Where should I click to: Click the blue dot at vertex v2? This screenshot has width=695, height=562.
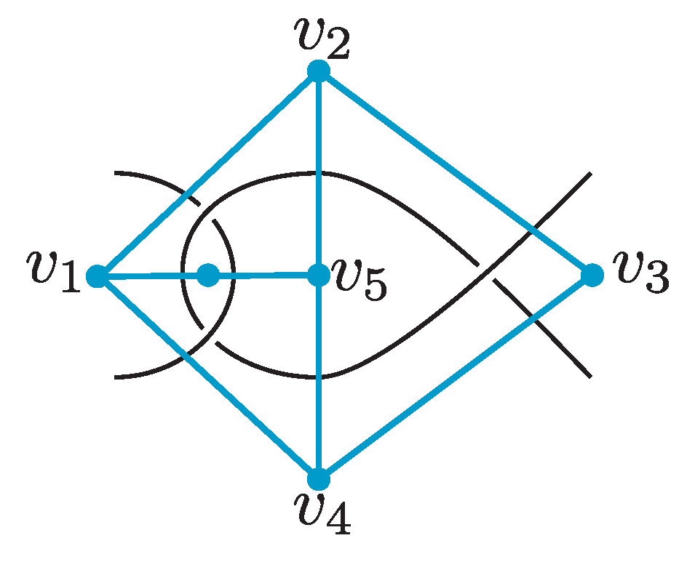click(318, 71)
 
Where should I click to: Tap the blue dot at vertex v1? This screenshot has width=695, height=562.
click(96, 276)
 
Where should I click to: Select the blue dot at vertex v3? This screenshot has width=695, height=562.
click(592, 276)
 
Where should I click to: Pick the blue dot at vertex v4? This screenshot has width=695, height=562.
click(318, 480)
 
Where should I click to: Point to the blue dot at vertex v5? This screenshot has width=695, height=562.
click(318, 276)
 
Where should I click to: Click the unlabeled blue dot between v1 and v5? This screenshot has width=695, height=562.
click(208, 276)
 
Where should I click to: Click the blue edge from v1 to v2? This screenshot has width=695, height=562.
click(207, 174)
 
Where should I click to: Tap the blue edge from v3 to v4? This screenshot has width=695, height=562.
click(455, 378)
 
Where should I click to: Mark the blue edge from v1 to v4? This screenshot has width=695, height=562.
click(207, 378)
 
